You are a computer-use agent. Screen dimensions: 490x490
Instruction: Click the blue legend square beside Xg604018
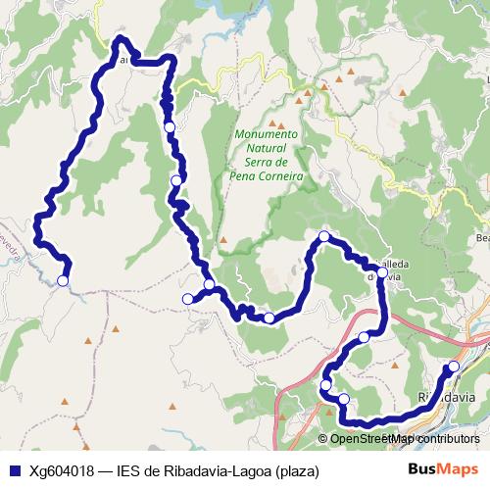tap(14, 471)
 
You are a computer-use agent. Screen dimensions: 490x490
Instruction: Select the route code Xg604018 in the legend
tap(62, 471)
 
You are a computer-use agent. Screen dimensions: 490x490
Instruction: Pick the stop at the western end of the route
tap(63, 281)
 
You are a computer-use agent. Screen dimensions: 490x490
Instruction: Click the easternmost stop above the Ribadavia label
tap(453, 367)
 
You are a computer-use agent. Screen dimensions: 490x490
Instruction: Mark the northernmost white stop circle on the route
tap(170, 127)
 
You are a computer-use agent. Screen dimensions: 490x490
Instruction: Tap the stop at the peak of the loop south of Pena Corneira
tap(323, 236)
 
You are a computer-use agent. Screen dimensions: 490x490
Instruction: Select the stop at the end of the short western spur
tap(187, 299)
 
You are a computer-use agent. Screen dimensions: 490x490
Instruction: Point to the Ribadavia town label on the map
tap(447, 398)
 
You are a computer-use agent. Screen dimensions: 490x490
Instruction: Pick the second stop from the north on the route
tap(176, 179)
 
